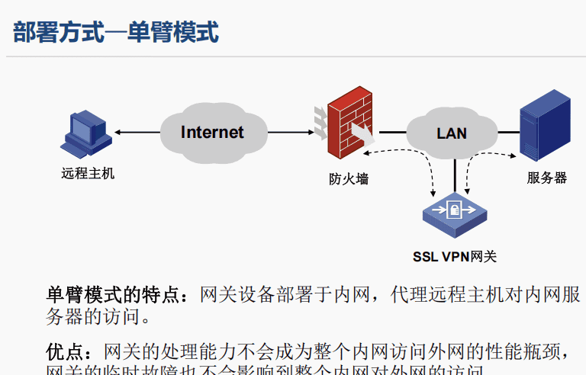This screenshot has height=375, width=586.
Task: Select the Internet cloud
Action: click(212, 133)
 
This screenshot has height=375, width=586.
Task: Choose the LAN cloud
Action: click(452, 133)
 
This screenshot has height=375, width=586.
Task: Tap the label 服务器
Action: click(546, 178)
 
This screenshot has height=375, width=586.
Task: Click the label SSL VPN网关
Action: click(455, 257)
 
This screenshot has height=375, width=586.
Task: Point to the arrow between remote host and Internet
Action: click(137, 133)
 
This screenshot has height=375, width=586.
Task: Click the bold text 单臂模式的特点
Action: click(114, 294)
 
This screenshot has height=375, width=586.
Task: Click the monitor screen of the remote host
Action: click(82, 125)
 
